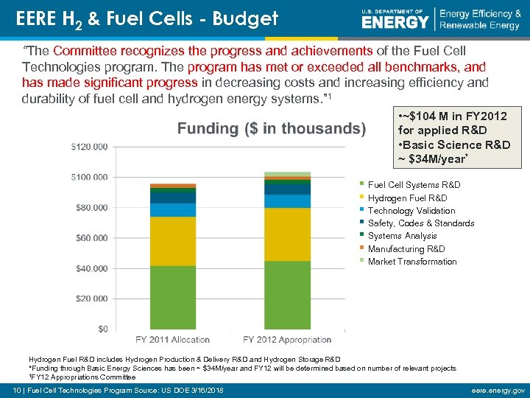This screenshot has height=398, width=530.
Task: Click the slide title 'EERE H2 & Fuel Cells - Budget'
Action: click(147, 18)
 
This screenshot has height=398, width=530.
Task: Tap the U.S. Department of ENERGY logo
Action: click(395, 18)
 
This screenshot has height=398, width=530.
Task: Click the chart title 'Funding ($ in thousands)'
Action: click(272, 129)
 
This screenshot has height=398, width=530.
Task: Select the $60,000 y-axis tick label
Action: click(91, 238)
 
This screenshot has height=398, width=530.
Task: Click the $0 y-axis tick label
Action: click(102, 329)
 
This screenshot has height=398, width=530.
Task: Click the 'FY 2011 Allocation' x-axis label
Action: click(172, 340)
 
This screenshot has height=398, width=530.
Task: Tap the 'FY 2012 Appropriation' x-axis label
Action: click(287, 340)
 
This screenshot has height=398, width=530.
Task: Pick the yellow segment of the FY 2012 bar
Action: click(287, 234)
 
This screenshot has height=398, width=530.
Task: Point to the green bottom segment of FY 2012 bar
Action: click(287, 295)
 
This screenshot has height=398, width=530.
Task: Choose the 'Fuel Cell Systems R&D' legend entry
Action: click(414, 185)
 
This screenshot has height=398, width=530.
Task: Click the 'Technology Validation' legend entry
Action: click(411, 211)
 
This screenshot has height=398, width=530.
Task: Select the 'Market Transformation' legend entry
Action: click(412, 262)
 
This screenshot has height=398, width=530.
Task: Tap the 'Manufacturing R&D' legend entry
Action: click(406, 249)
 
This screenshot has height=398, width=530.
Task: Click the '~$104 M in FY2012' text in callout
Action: click(452, 116)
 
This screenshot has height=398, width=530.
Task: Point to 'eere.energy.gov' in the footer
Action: click(501, 390)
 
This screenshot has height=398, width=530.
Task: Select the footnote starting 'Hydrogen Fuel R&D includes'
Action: click(184, 360)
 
